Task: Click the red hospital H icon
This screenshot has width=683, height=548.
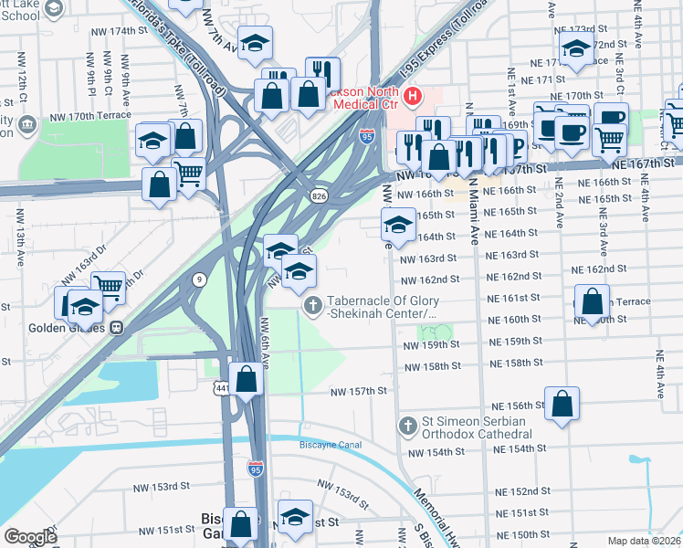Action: [413, 95]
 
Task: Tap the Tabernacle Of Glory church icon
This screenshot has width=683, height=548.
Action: [312, 305]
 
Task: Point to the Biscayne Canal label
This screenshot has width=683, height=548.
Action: [331, 445]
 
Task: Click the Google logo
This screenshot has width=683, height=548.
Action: [30, 536]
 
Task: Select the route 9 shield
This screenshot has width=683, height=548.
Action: [199, 279]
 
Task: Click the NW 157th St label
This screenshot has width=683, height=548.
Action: [359, 391]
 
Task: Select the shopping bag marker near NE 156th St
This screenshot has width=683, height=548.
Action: [562, 403]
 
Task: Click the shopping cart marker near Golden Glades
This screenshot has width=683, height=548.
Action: [109, 287]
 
